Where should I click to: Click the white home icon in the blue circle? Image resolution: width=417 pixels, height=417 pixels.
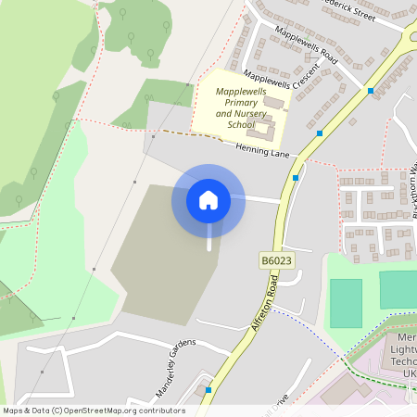(x=208, y=199)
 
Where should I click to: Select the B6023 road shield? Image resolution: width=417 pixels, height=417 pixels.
(x=276, y=262)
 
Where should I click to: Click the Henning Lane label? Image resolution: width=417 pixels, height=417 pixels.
(x=262, y=149)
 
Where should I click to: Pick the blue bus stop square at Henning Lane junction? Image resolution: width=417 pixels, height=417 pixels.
(x=296, y=178)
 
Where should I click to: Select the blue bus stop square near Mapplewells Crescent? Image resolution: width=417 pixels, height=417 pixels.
(x=320, y=133)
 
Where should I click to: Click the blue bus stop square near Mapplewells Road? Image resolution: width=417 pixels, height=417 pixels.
(x=370, y=91)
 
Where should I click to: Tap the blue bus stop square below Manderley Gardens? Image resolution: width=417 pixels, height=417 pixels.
(x=208, y=390)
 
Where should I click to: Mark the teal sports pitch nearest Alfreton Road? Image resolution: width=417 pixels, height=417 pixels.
(x=346, y=303)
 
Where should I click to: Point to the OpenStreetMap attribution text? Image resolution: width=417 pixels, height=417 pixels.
(x=94, y=411)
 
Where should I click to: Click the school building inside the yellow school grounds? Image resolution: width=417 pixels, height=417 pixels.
(x=263, y=129)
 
